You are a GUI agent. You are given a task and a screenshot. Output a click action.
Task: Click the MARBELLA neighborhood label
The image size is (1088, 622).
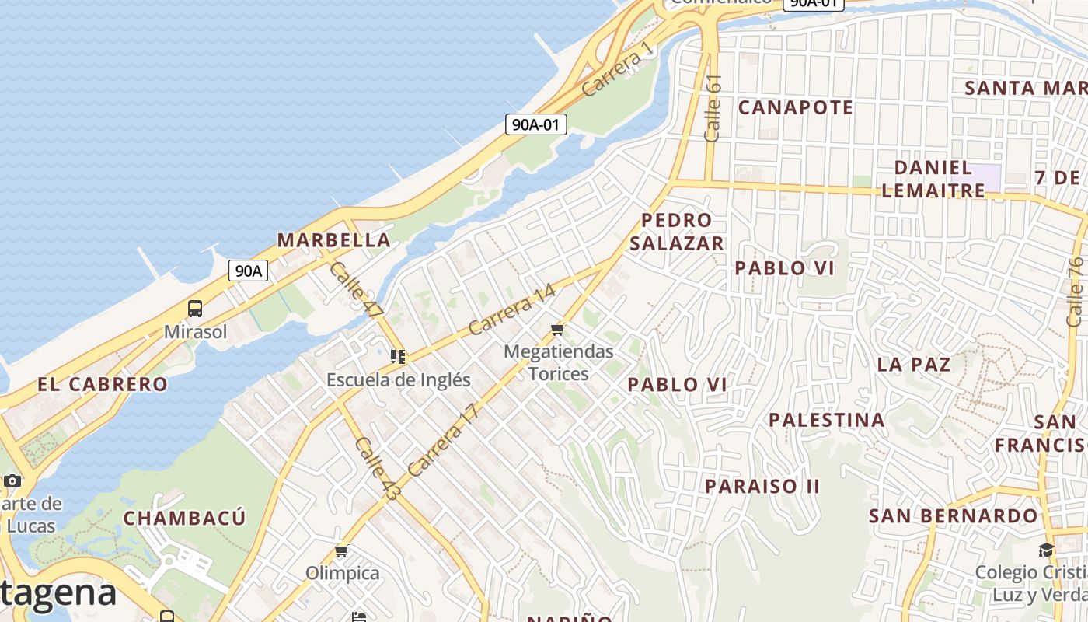click(x=333, y=239)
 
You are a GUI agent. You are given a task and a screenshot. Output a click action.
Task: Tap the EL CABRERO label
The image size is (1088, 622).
click(x=103, y=384)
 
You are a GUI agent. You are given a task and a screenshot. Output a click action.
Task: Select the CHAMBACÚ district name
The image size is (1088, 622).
click(x=184, y=518)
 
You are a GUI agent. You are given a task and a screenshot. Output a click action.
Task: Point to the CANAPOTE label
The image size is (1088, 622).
click(x=795, y=107)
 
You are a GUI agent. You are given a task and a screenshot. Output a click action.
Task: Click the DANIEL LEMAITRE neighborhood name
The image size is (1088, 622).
click(x=933, y=179)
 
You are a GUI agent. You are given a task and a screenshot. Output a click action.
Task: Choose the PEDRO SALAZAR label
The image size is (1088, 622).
click(x=676, y=232)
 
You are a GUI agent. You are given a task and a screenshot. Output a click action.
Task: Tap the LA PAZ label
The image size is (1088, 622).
click(x=913, y=364)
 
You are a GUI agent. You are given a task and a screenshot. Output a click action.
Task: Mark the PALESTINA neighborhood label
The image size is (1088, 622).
click(x=826, y=421)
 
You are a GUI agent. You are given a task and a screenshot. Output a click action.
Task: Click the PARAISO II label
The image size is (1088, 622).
click(x=762, y=487)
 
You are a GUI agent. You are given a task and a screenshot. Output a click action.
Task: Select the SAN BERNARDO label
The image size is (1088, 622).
click(x=953, y=516)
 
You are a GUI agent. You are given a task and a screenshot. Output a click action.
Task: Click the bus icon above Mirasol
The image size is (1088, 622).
click(x=195, y=309)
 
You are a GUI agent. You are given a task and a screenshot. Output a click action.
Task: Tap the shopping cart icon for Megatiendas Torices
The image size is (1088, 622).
click(x=557, y=330)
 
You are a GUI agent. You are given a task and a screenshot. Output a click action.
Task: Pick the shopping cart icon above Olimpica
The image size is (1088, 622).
click(x=341, y=551)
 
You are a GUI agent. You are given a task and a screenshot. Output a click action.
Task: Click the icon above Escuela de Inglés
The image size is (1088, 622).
click(x=398, y=357)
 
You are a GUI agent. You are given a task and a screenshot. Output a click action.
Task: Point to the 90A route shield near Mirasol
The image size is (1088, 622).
click(x=248, y=271)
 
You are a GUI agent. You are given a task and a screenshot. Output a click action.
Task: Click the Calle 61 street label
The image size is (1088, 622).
click(x=713, y=108)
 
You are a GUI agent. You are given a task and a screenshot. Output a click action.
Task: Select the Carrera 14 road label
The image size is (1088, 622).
click(x=512, y=309)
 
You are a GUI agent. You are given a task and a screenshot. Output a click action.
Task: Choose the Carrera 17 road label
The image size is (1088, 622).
click(x=441, y=441)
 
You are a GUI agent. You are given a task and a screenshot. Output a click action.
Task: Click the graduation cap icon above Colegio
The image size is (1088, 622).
click(x=1046, y=550)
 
